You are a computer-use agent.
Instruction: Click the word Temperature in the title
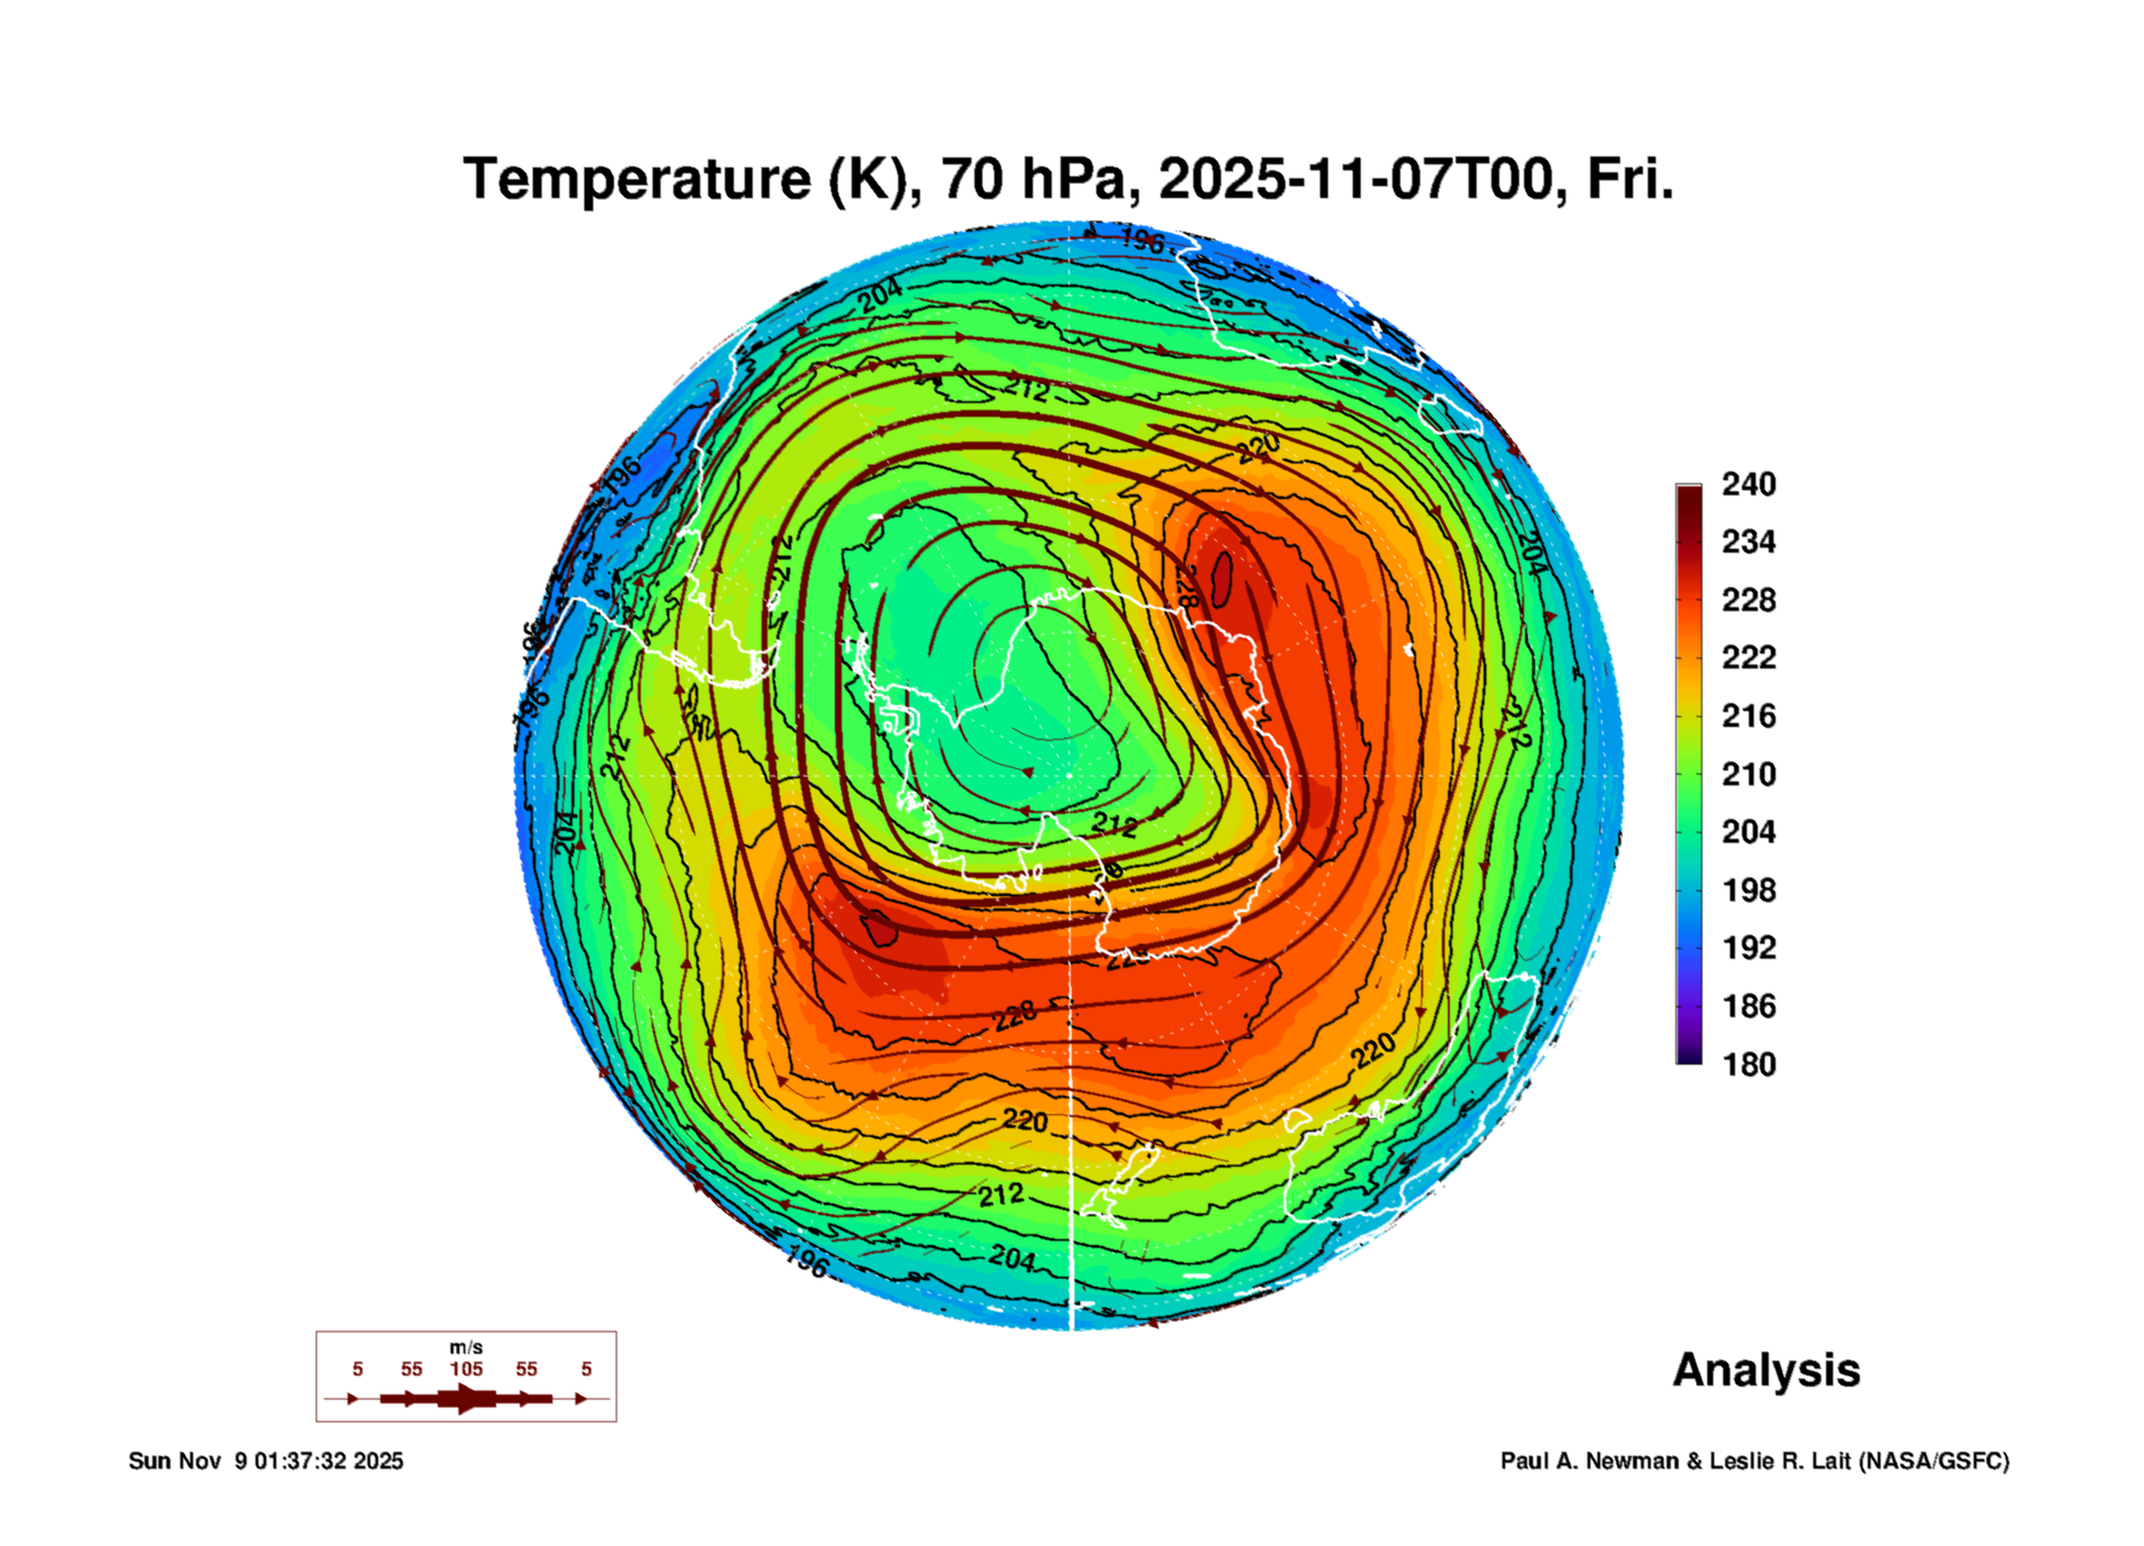(637, 180)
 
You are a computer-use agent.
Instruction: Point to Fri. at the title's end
(1630, 180)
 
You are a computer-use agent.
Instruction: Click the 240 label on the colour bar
(1748, 484)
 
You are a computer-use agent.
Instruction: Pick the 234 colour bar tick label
(1748, 542)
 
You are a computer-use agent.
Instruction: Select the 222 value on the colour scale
(1748, 658)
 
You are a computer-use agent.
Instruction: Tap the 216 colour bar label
(1748, 716)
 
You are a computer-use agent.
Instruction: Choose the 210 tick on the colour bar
(1748, 773)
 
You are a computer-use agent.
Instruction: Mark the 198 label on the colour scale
(1748, 890)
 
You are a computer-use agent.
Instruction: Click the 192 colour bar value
(1748, 948)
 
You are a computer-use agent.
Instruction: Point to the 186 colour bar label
(1748, 1006)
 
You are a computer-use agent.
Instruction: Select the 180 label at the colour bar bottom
(1748, 1065)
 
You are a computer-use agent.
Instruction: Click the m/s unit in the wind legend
(465, 1348)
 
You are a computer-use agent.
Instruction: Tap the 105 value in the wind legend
(465, 1370)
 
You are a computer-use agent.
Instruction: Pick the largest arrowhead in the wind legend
(467, 1398)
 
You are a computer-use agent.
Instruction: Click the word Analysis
(1766, 1371)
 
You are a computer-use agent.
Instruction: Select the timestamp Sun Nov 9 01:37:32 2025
(265, 1462)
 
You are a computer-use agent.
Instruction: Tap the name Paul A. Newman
(1589, 1462)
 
